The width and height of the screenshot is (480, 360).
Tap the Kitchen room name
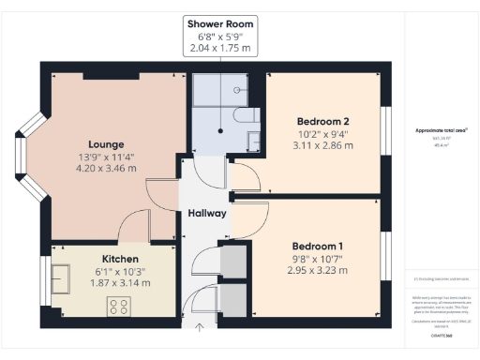click(x=120, y=259)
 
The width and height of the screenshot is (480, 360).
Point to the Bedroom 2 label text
click(x=323, y=122)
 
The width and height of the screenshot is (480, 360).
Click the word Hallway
click(x=206, y=214)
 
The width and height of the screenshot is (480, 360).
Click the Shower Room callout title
click(x=220, y=22)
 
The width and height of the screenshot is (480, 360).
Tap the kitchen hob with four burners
click(x=120, y=306)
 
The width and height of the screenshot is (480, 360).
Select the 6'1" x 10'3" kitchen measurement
click(x=120, y=272)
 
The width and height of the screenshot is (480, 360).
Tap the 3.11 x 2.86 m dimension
click(x=323, y=146)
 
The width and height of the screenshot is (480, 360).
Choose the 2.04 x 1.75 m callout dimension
click(x=220, y=47)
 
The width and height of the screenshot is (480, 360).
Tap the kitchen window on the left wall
click(x=46, y=278)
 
